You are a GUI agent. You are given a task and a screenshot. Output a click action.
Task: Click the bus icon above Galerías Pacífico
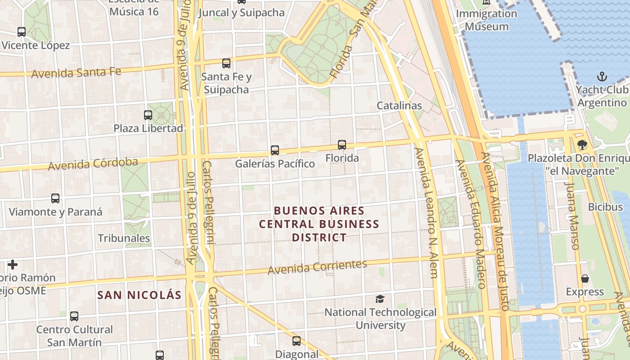274,150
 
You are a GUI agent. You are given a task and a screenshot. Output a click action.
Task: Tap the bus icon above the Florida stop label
342,145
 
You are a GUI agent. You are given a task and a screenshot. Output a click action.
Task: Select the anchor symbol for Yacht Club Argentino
602,76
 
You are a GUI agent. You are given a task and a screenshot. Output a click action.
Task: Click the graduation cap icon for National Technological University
380,299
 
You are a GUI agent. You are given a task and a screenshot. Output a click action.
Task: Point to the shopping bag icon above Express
585,279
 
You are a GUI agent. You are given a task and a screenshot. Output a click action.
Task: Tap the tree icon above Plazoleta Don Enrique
582,144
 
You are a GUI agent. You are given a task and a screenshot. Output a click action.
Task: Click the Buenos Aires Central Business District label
319,224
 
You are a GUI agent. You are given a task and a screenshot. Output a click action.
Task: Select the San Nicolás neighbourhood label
139,295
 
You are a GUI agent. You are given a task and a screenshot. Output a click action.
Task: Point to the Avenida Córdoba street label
93,164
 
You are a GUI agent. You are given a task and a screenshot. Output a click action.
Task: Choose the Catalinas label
399,106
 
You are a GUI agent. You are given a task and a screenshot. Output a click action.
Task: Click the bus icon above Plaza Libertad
148,115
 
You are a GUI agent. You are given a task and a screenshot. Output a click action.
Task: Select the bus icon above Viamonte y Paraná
55,198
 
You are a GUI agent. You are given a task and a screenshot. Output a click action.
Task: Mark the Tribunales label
124,238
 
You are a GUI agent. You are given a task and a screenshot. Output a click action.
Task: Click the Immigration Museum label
486,20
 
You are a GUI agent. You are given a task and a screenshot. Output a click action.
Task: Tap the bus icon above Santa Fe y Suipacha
226,63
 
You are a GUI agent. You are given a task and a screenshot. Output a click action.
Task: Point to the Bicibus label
605,207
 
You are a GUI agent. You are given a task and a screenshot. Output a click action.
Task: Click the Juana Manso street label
572,216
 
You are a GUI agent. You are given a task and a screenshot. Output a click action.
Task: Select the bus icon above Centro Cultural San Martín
74,316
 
